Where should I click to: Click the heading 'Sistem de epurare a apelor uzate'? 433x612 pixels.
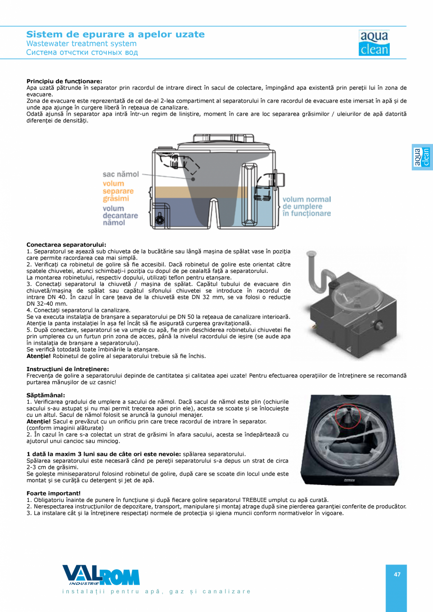(x=115, y=34)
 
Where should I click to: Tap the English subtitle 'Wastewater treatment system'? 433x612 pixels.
(x=81, y=44)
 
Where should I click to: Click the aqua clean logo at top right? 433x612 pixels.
(x=374, y=43)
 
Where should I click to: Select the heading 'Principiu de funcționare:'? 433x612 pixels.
(x=64, y=81)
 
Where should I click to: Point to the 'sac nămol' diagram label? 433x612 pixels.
(x=121, y=174)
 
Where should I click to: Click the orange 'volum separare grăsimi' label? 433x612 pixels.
(x=118, y=191)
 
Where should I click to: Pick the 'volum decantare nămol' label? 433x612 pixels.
(x=120, y=215)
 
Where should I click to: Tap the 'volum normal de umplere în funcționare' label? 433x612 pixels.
(x=306, y=207)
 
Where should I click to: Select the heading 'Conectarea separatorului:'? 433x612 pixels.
(x=66, y=245)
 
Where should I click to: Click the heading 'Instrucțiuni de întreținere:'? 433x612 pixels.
(x=68, y=369)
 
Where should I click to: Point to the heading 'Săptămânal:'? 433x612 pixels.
(x=46, y=395)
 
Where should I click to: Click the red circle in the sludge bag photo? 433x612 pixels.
(x=348, y=414)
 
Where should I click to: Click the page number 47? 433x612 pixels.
(x=397, y=574)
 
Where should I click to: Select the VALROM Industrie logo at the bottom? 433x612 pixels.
(x=101, y=575)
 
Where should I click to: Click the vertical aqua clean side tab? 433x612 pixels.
(x=422, y=157)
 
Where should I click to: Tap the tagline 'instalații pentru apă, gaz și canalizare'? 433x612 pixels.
(x=157, y=591)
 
